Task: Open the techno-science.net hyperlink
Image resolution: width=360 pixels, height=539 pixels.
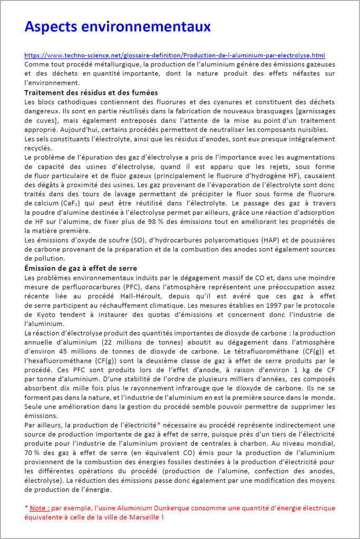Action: click(174, 55)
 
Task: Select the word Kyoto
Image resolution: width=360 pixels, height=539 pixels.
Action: click(45, 315)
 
